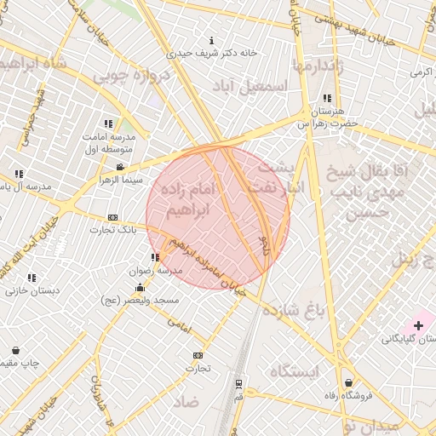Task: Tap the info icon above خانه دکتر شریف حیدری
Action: [x=211, y=40]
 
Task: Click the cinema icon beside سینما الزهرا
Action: [x=120, y=167]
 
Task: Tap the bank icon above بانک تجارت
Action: [x=113, y=218]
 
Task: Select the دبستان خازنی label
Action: [x=32, y=290]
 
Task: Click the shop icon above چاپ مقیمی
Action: [x=16, y=350]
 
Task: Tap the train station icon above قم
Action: [x=238, y=383]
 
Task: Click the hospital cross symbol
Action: [x=418, y=325]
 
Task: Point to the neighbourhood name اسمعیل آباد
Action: [x=267, y=85]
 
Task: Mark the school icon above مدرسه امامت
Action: [x=108, y=123]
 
